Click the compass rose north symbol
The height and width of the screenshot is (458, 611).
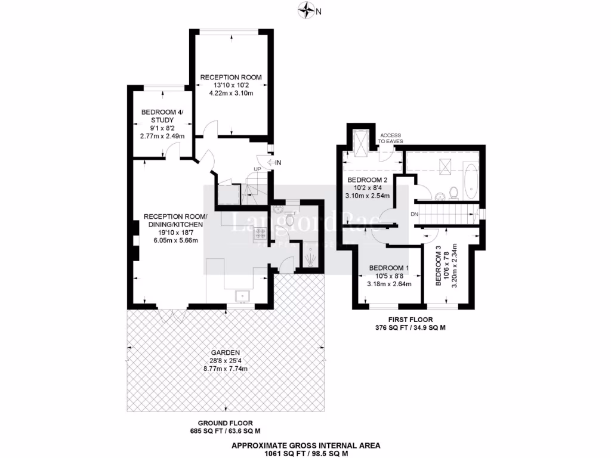308,10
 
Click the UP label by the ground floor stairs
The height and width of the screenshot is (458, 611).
258,169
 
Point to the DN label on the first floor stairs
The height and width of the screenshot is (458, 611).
413,214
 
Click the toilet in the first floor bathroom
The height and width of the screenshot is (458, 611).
453,192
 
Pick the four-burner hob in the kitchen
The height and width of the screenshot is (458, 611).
261,233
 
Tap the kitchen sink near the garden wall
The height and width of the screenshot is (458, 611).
243,295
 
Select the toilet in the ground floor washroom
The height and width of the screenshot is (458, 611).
290,219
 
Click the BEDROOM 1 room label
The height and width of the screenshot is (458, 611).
389,268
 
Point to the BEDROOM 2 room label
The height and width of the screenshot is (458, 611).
368,180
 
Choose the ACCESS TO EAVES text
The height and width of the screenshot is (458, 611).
390,138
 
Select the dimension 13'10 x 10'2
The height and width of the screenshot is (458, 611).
230,85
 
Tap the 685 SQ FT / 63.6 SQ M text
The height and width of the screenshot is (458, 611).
224,431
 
